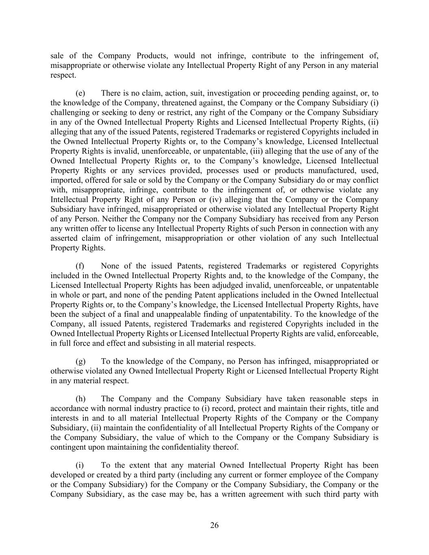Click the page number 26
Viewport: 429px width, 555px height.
(x=214, y=525)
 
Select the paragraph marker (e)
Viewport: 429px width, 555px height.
(x=80, y=93)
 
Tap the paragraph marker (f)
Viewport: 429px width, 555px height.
(x=80, y=266)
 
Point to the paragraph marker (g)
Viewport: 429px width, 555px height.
(x=80, y=361)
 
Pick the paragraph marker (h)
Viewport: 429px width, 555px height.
(x=80, y=399)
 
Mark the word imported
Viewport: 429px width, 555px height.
(x=65, y=180)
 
